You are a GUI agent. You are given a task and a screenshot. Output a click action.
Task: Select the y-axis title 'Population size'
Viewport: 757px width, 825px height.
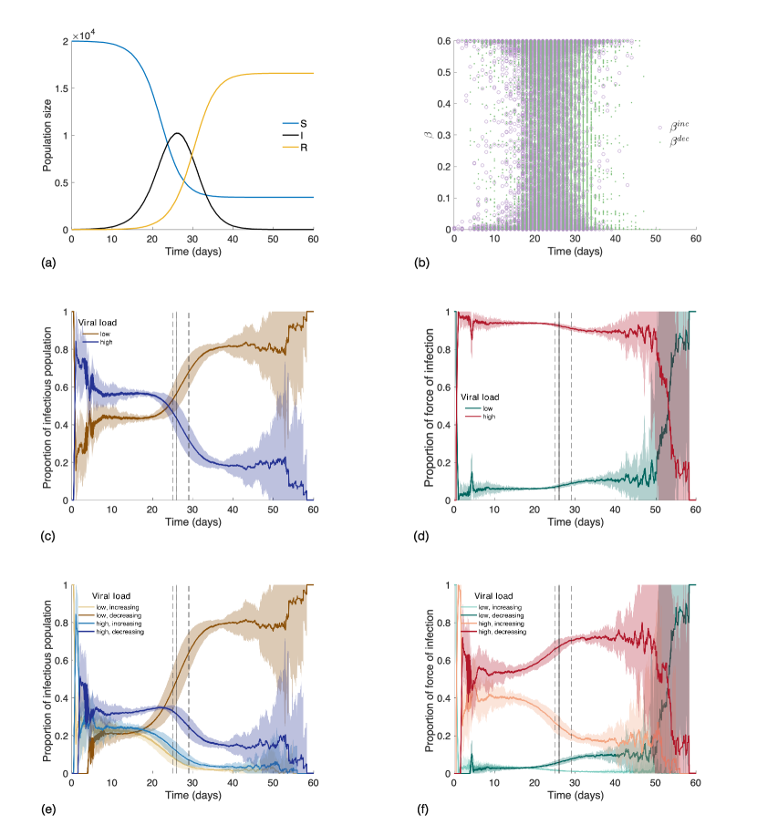pyautogui.click(x=47, y=135)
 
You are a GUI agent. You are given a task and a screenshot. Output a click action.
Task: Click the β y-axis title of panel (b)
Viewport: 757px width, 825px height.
pyautogui.click(x=426, y=135)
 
